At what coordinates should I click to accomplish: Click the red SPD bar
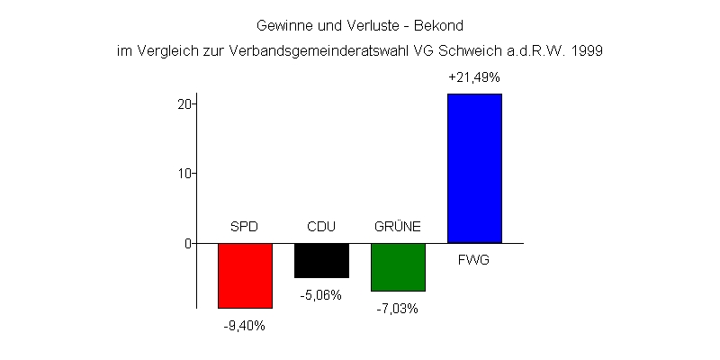pyautogui.click(x=245, y=275)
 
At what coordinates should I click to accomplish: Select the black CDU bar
pyautogui.click(x=321, y=260)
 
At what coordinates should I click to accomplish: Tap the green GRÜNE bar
pyautogui.click(x=398, y=267)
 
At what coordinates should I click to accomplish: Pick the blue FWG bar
pyautogui.click(x=474, y=168)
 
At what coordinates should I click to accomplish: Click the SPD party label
pyautogui.click(x=245, y=226)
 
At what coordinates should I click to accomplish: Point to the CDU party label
pyautogui.click(x=321, y=226)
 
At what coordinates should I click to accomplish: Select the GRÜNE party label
pyautogui.click(x=398, y=226)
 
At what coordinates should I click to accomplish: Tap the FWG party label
pyautogui.click(x=474, y=261)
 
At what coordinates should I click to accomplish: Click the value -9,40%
pyautogui.click(x=245, y=326)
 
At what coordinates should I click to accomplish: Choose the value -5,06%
pyautogui.click(x=321, y=294)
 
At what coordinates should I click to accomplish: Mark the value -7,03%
pyautogui.click(x=398, y=308)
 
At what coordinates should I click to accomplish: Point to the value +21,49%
pyautogui.click(x=474, y=78)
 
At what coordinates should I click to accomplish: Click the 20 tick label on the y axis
pyautogui.click(x=184, y=103)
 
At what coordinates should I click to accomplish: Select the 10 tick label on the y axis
pyautogui.click(x=184, y=173)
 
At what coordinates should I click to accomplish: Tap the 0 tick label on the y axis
pyautogui.click(x=188, y=243)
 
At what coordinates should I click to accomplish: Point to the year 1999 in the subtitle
pyautogui.click(x=587, y=51)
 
